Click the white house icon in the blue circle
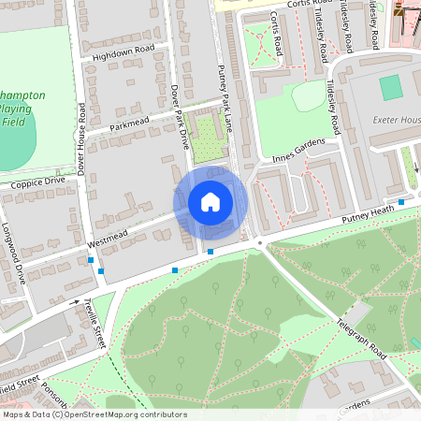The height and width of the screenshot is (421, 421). (x=210, y=201)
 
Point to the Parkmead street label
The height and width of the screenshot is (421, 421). (x=129, y=123)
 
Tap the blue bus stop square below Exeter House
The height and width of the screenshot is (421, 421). (x=401, y=201)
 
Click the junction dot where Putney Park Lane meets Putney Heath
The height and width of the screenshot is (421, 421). (x=260, y=242)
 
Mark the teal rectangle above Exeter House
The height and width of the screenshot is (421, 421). (x=391, y=86)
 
